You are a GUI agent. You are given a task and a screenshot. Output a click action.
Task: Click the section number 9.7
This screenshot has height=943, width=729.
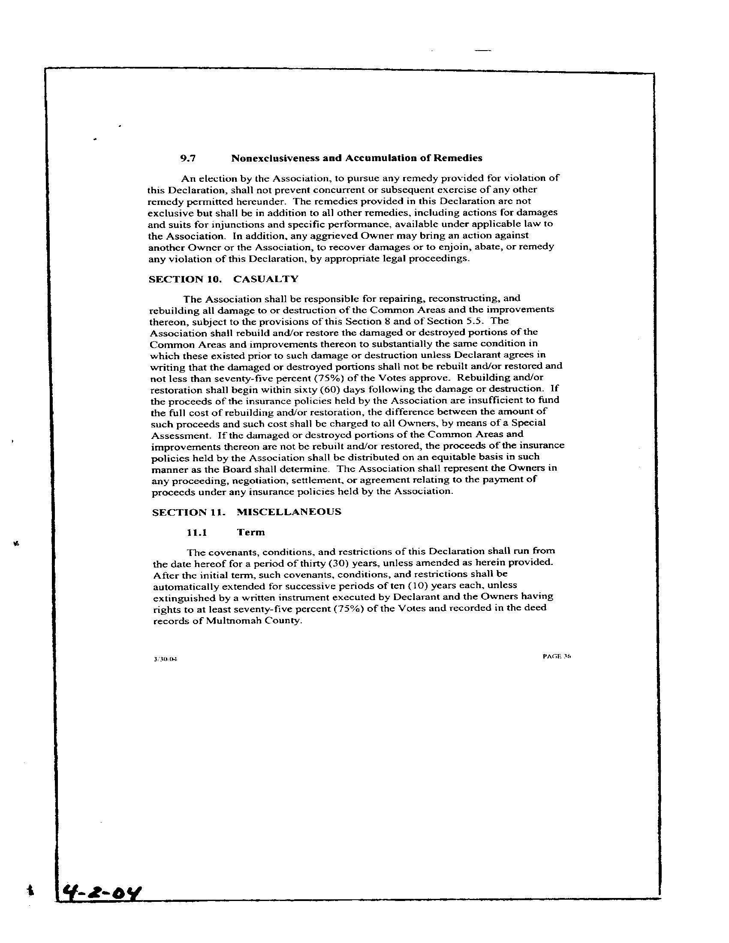(x=188, y=159)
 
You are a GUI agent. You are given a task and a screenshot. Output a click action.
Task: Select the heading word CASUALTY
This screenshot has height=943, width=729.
(x=265, y=279)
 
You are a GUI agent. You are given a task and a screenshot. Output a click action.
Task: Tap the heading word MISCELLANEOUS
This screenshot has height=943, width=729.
(x=289, y=512)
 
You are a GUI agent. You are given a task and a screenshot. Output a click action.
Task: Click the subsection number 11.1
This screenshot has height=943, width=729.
(x=197, y=532)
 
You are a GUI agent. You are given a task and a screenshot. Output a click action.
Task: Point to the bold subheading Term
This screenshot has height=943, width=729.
(x=251, y=532)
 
